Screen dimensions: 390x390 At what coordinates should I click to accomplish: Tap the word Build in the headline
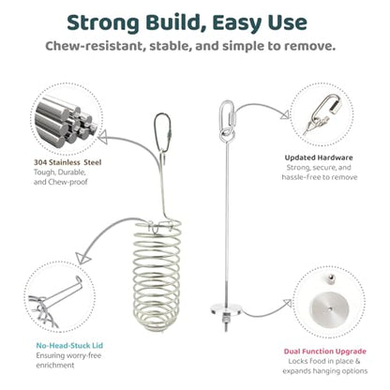[x=176, y=22]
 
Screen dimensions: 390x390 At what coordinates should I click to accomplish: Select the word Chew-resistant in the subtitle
[x=95, y=46]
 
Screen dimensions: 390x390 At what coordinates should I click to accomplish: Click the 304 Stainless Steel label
[x=67, y=162]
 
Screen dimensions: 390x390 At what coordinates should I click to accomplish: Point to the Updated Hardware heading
[x=319, y=157]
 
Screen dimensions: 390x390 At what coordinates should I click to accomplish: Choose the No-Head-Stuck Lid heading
[x=69, y=345]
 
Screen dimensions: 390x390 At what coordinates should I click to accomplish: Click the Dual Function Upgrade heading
[x=325, y=352]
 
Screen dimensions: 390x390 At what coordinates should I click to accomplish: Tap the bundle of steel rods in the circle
[x=66, y=120]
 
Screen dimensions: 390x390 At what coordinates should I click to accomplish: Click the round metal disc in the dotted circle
[x=329, y=309]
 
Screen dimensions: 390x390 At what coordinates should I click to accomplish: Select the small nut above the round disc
[x=329, y=277]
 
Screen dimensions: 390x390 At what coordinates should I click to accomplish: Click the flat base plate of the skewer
[x=226, y=309]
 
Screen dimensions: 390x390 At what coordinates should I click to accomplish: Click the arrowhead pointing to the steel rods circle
[x=102, y=137]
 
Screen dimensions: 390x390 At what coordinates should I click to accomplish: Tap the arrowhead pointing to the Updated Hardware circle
[x=285, y=114]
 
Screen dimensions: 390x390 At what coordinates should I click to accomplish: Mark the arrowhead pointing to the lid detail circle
[x=82, y=258]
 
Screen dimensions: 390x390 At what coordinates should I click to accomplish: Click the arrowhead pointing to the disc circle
[x=288, y=303]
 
